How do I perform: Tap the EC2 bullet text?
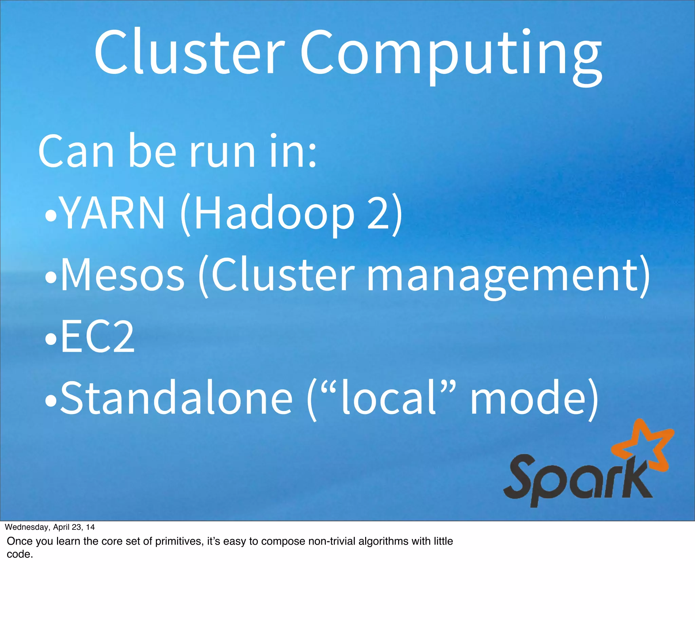coord(97,337)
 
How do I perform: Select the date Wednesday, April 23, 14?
coord(50,527)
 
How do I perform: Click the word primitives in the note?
coord(179,541)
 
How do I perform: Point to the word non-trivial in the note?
coord(333,541)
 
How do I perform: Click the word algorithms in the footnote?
coord(383,541)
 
